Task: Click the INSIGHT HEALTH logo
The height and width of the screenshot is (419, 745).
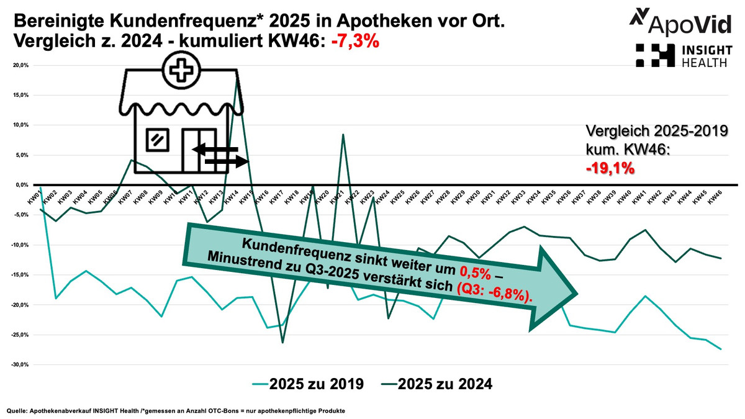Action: (683, 54)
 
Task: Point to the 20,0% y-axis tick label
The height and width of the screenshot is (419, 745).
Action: (21, 65)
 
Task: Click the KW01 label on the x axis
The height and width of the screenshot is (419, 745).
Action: (35, 197)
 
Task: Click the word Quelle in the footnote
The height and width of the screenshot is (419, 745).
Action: (17, 411)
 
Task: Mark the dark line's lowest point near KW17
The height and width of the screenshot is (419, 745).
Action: (282, 343)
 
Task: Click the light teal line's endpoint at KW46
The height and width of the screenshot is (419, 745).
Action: (720, 349)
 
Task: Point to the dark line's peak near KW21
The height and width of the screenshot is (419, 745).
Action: (343, 134)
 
